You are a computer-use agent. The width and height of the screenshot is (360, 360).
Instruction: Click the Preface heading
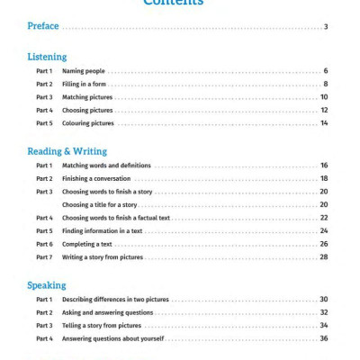pyautogui.click(x=42, y=27)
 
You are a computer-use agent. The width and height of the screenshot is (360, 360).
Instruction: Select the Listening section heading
pyautogui.click(x=47, y=57)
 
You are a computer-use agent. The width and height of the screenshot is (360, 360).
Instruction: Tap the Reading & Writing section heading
pyautogui.click(x=67, y=151)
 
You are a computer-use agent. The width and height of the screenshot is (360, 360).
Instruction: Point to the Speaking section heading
pyautogui.click(x=46, y=285)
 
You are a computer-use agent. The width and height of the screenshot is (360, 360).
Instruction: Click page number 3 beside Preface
pyautogui.click(x=326, y=27)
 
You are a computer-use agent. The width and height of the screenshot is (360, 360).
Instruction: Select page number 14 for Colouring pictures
pyautogui.click(x=323, y=123)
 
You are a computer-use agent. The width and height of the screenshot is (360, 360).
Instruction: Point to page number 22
pyautogui.click(x=323, y=218)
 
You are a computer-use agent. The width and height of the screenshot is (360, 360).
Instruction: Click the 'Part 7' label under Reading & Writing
pyautogui.click(x=44, y=257)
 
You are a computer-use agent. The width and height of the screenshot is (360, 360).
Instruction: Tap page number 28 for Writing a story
pyautogui.click(x=323, y=257)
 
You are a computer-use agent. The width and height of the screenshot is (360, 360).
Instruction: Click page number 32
pyautogui.click(x=323, y=312)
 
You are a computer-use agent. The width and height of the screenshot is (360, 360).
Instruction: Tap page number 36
pyautogui.click(x=323, y=338)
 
